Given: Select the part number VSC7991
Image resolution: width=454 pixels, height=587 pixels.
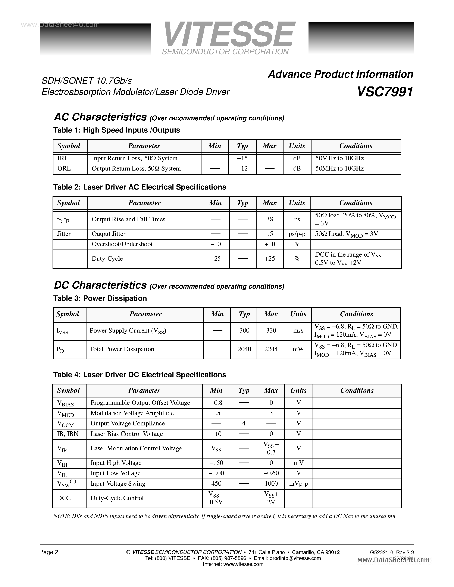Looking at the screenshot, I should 385,92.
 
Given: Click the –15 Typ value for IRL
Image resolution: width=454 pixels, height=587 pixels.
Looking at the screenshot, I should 242,158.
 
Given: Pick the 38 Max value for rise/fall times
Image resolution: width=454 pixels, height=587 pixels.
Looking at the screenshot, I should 269,219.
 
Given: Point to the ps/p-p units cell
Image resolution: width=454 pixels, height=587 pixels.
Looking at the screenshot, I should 297,234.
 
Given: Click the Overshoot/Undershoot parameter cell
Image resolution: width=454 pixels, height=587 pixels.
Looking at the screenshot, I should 122,244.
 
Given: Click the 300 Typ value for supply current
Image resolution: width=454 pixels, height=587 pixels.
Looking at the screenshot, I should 244,331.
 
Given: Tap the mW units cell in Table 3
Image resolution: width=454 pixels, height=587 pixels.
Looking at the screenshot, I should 298,349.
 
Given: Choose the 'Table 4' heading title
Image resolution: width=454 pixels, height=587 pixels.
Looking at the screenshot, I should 140,375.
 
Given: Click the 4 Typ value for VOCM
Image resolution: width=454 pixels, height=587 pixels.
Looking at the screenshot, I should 244,423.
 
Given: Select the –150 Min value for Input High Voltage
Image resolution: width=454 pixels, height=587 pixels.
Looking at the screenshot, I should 216,463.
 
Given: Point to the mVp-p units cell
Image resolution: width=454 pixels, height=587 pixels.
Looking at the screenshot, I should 298,483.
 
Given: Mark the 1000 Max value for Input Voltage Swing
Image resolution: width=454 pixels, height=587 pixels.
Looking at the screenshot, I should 271,483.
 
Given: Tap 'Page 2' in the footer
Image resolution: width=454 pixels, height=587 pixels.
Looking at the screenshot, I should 49,552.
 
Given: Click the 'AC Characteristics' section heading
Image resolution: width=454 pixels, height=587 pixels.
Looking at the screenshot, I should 100,117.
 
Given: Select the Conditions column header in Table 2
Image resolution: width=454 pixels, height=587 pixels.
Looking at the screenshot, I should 356,203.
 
